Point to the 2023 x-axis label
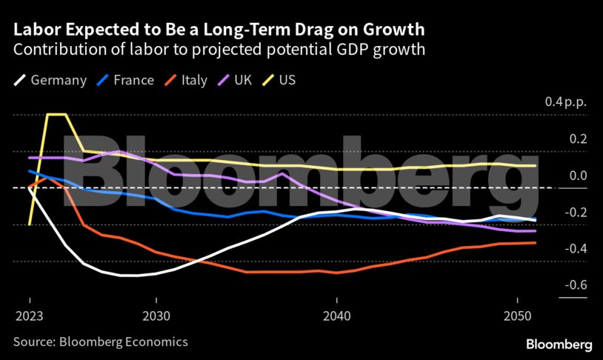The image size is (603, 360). click(30, 314)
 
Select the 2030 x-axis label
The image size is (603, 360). click(156, 314)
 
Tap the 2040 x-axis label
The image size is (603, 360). click(336, 314)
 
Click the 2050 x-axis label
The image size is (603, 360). click(516, 314)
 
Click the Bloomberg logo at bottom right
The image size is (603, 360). click(559, 344)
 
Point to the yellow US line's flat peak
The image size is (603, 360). click(56, 115)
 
